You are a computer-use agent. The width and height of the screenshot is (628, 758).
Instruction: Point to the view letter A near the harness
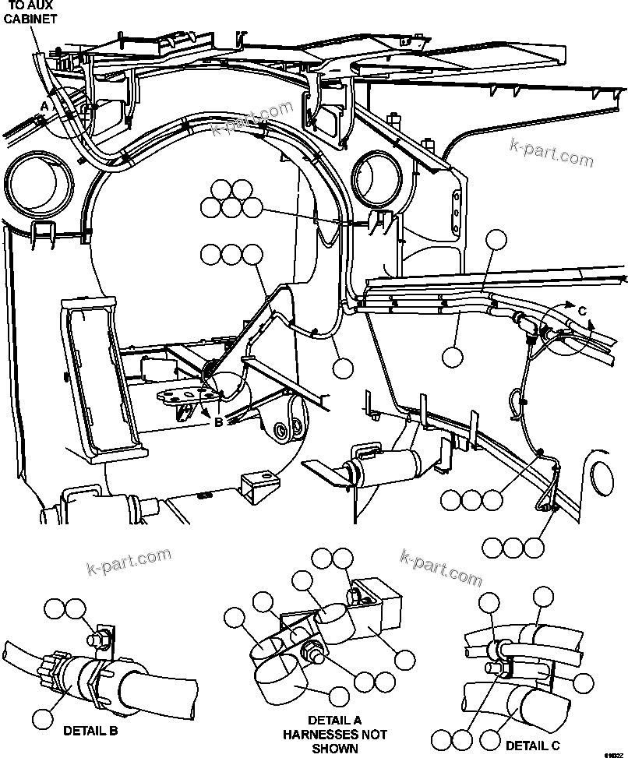click(x=45, y=104)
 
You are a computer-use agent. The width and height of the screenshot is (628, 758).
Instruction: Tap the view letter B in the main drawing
click(x=219, y=422)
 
